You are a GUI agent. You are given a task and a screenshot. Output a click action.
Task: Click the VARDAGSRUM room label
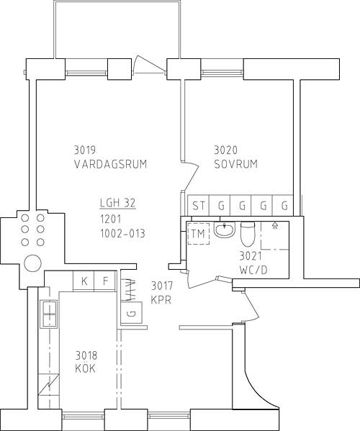[x=111, y=164]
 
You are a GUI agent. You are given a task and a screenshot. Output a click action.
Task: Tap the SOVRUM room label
[x=236, y=164]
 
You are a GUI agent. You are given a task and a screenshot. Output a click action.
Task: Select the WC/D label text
[x=253, y=271]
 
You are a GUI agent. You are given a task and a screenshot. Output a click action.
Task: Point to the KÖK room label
[x=86, y=368]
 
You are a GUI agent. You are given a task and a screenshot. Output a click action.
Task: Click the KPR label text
[x=161, y=299]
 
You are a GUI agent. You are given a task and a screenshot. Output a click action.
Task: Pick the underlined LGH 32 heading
[x=117, y=204]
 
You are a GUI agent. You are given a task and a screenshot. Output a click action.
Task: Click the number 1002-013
[x=122, y=234]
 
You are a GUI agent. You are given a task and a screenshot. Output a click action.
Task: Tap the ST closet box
[x=198, y=205]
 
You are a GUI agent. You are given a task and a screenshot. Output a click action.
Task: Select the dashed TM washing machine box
[x=198, y=234]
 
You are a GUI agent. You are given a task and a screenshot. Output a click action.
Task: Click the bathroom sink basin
[x=225, y=230]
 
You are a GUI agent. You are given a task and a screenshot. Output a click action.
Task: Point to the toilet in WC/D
[x=248, y=234]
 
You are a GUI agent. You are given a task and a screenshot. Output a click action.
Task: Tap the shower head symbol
[x=274, y=225]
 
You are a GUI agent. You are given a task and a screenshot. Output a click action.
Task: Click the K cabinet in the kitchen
[x=84, y=281]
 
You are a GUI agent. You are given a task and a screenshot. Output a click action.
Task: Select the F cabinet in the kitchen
[x=105, y=281]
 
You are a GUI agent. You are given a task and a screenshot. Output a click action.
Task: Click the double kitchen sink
[x=49, y=314]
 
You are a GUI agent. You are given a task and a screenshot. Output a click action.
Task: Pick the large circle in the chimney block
[x=32, y=263]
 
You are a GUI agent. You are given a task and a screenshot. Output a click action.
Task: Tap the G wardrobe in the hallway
[x=132, y=313]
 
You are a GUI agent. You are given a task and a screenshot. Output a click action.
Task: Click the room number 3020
[x=225, y=150]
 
